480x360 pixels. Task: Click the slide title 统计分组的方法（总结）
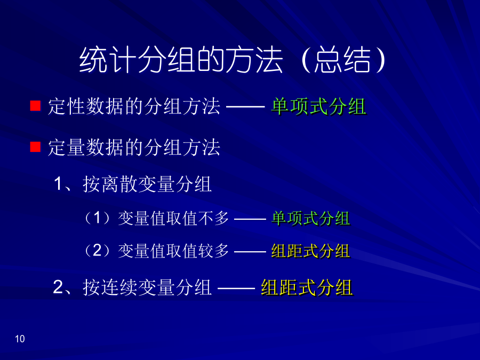233,60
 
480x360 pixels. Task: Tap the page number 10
20,339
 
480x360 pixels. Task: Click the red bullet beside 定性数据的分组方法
35,106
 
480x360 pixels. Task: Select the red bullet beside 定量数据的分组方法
35,147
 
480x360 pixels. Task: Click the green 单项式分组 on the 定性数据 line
319,107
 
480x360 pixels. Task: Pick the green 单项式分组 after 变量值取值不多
311,219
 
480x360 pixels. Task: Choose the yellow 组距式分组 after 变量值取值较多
311,251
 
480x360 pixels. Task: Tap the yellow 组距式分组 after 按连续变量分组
307,287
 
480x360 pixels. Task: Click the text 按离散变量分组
147,185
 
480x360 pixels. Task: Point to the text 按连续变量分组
147,287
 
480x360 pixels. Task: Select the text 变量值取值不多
173,219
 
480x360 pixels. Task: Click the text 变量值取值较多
173,251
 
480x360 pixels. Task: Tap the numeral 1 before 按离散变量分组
58,185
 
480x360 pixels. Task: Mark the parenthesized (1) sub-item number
97,218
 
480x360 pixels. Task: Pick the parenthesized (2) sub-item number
97,251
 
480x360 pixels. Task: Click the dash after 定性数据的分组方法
245,107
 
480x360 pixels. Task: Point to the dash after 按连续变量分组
236,288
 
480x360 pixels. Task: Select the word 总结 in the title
342,60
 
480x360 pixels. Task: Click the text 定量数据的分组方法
134,147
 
